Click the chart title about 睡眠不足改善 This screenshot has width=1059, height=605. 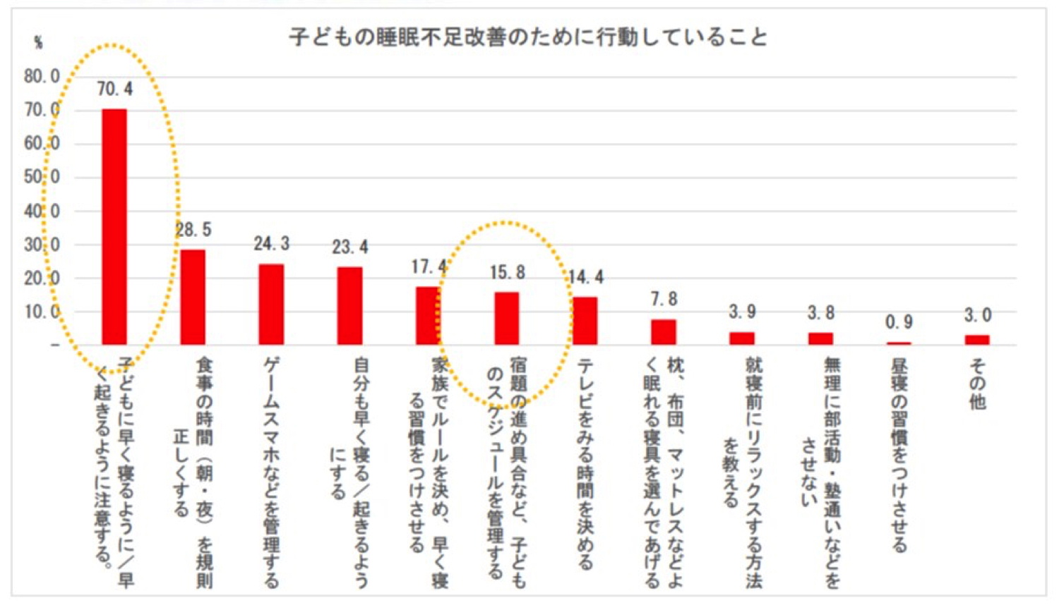point(528,37)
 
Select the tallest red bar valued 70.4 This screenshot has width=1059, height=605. point(114,226)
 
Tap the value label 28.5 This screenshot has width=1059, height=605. point(193,230)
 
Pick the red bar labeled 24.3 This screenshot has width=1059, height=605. point(271,304)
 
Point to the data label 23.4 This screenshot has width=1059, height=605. point(350,247)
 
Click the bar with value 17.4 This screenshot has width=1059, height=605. point(428,315)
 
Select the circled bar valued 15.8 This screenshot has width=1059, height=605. point(506,318)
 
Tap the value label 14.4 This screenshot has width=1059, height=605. point(586,277)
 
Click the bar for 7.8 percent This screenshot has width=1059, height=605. point(664,331)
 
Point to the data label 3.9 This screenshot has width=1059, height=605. point(742,312)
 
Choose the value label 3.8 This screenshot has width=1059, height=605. point(821,312)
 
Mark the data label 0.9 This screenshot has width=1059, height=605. point(899,322)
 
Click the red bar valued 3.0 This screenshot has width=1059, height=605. point(977,339)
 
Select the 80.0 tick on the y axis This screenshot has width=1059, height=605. point(42,76)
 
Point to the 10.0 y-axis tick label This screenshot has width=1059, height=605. point(42,312)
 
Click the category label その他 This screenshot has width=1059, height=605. point(977,384)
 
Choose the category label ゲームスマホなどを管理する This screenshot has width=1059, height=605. point(271,472)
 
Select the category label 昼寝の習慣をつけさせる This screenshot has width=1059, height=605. point(899,455)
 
